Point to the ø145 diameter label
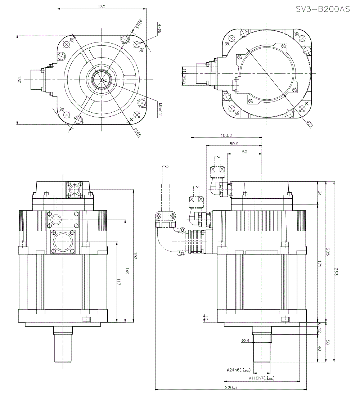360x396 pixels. pos(137,132)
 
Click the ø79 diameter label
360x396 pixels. pos(310,124)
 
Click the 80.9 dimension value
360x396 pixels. pos(234,143)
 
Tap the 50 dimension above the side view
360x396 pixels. pos(244,152)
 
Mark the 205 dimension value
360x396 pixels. pos(327,252)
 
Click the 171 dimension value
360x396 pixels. pos(319,264)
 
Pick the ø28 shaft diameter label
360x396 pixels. pos(246,340)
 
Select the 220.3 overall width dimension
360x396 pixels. pos(230,387)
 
